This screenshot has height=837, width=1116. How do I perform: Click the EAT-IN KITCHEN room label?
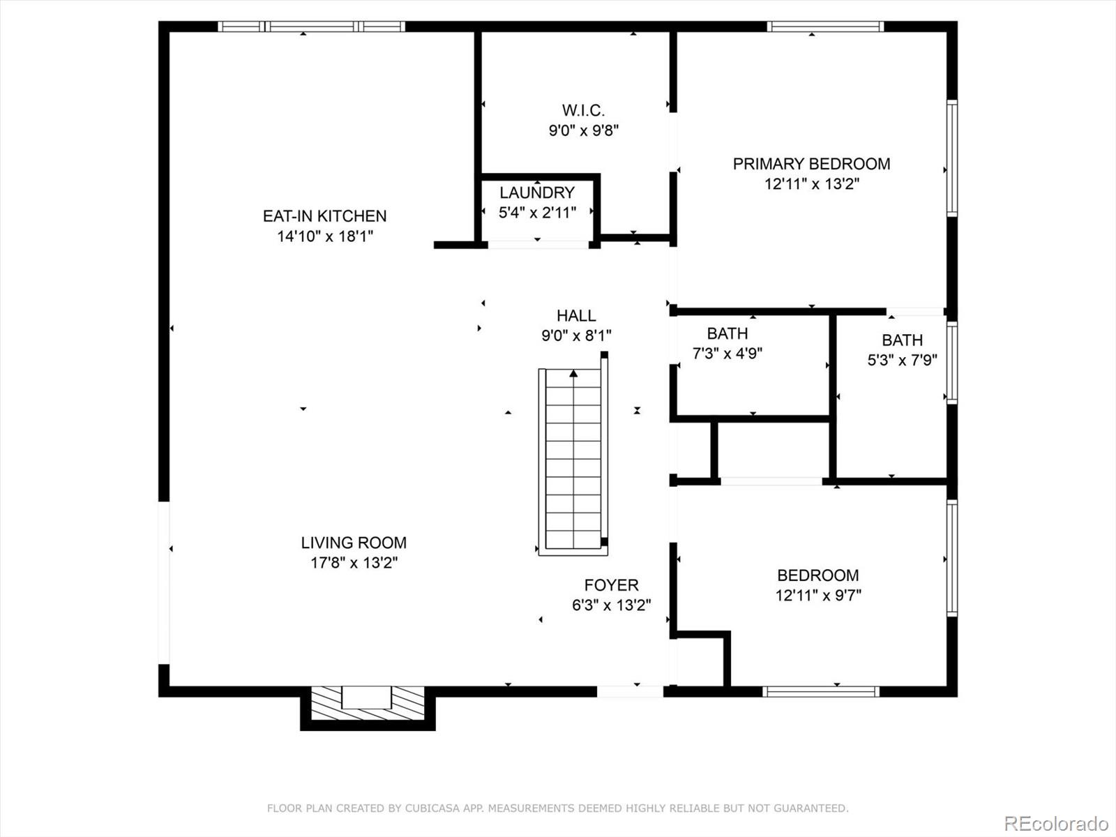(324, 216)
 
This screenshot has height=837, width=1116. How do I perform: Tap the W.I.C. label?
(583, 110)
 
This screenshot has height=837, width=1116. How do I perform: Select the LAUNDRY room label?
(536, 193)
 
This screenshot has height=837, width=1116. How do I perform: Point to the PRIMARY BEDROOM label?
(811, 164)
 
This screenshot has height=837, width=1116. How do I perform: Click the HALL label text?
(576, 316)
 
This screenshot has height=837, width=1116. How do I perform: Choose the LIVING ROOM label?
(354, 543)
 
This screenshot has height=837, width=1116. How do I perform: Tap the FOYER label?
(611, 585)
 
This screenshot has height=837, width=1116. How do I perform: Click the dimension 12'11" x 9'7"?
(818, 596)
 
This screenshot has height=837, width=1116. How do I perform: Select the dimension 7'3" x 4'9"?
(727, 354)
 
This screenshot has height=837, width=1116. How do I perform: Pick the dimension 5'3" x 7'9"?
(902, 361)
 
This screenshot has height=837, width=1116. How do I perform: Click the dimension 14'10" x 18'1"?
(325, 236)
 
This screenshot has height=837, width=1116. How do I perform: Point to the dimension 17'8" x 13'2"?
(354, 563)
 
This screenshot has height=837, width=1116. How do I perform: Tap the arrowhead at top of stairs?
(573, 374)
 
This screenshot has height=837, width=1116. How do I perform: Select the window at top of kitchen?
(311, 27)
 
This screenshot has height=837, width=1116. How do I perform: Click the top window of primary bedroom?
(825, 27)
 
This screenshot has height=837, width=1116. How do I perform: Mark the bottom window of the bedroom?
(820, 691)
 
